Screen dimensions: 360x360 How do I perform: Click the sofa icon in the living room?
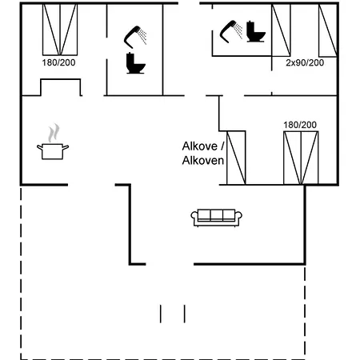(216, 218)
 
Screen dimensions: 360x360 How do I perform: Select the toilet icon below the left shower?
(136, 63)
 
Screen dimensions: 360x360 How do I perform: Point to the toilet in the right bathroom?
(256, 31)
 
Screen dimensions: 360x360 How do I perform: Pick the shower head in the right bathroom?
(231, 31)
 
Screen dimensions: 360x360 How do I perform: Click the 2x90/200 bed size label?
(305, 62)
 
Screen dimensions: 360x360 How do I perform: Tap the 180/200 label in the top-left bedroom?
(58, 62)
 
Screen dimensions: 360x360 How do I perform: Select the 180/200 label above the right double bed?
(300, 125)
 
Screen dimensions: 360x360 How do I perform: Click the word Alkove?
(200, 146)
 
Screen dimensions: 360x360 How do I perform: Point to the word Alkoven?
(203, 161)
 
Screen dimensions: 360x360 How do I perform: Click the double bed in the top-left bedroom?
(60, 30)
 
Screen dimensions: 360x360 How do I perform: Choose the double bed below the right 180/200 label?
(301, 158)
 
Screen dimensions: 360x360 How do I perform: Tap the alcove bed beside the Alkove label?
(236, 158)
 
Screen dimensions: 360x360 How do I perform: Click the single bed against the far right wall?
(328, 30)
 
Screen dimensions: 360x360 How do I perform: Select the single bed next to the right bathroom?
(281, 30)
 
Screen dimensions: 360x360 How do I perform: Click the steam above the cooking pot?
(54, 133)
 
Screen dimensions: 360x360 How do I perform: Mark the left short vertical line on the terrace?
(161, 314)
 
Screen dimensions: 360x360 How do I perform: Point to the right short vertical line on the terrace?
(185, 314)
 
